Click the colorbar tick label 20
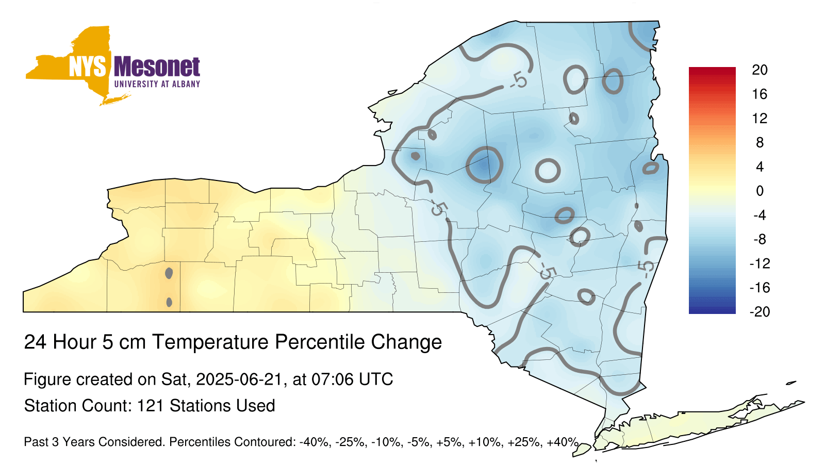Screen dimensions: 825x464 pos(760,70)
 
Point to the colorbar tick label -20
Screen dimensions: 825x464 pos(760,312)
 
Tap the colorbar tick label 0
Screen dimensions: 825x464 pos(760,191)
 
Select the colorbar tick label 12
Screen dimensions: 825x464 pos(760,119)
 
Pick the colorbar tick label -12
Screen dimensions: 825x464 pos(760,263)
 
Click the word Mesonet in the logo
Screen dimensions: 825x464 pos(157,67)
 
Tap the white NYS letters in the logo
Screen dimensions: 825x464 pos(88,67)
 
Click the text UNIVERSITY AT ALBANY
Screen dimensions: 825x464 pos(157,84)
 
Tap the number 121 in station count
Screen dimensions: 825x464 pos(150,406)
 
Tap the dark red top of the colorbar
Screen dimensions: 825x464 pos(712,70)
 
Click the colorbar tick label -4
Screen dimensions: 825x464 pos(760,215)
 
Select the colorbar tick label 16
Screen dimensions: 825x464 pos(760,94)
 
